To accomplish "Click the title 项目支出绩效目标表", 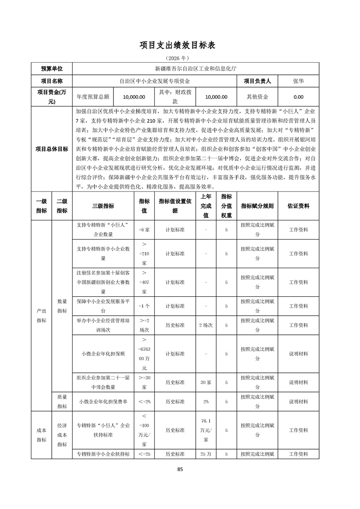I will click(180, 45).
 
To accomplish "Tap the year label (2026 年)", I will click(180, 59).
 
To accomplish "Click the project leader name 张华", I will click(299, 81).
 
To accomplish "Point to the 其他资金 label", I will click(257, 97).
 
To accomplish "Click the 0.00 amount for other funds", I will click(299, 97).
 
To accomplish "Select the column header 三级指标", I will click(103, 206).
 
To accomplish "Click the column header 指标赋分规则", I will click(257, 206).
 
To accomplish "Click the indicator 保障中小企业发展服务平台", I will click(103, 306).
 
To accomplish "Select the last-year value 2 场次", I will click(206, 325).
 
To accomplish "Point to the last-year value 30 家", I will click(206, 382).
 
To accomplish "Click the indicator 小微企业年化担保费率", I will click(103, 401).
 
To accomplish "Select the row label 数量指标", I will click(62, 306).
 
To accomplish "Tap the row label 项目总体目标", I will click(52, 148).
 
